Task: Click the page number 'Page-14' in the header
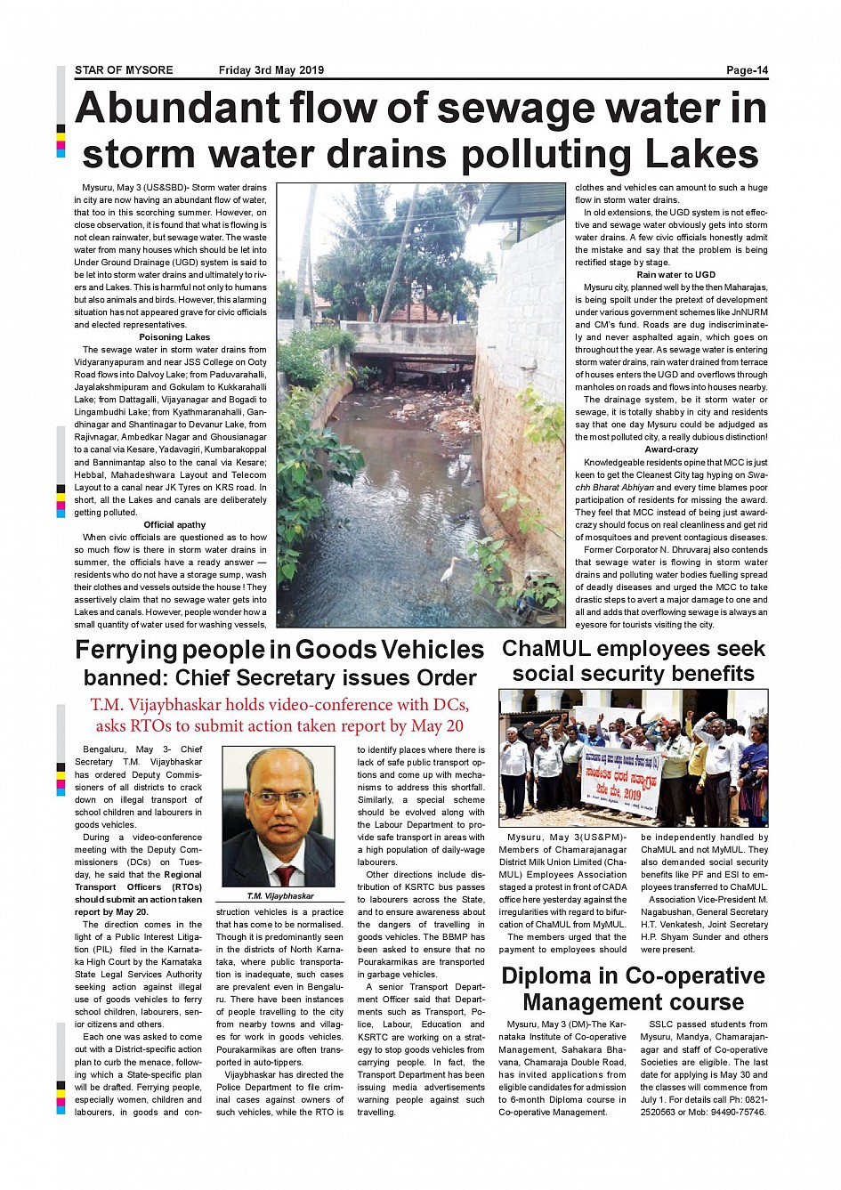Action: click(x=746, y=70)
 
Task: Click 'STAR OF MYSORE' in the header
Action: click(x=124, y=70)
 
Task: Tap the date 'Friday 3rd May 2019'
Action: click(x=271, y=70)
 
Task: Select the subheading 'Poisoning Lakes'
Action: click(x=174, y=337)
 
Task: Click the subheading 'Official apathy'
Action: click(x=174, y=525)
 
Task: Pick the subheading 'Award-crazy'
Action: click(x=671, y=449)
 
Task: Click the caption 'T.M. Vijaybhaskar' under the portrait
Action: click(x=280, y=896)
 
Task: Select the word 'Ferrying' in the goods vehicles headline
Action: click(x=125, y=650)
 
